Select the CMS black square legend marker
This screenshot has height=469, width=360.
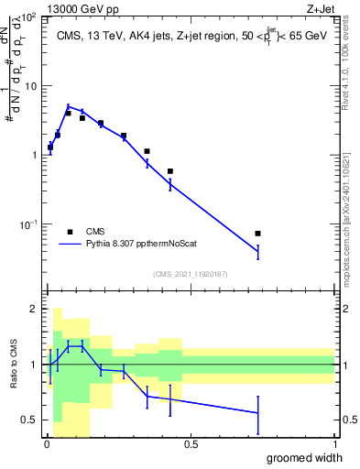click(x=70, y=232)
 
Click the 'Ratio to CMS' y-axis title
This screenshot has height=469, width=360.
click(x=13, y=365)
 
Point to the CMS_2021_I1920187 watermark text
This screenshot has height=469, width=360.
click(x=191, y=273)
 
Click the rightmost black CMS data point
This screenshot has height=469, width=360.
click(x=257, y=234)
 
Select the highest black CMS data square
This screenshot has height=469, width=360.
click(x=68, y=114)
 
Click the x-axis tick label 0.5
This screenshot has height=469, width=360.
click(x=191, y=443)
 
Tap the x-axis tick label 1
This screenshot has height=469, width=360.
click(x=334, y=443)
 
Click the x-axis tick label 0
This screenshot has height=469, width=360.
click(x=46, y=443)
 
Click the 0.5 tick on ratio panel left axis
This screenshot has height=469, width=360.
click(x=29, y=420)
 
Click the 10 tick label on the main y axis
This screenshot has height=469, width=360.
click(x=29, y=86)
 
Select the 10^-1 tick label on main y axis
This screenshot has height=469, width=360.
click(x=27, y=224)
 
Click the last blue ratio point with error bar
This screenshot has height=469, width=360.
click(x=257, y=413)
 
